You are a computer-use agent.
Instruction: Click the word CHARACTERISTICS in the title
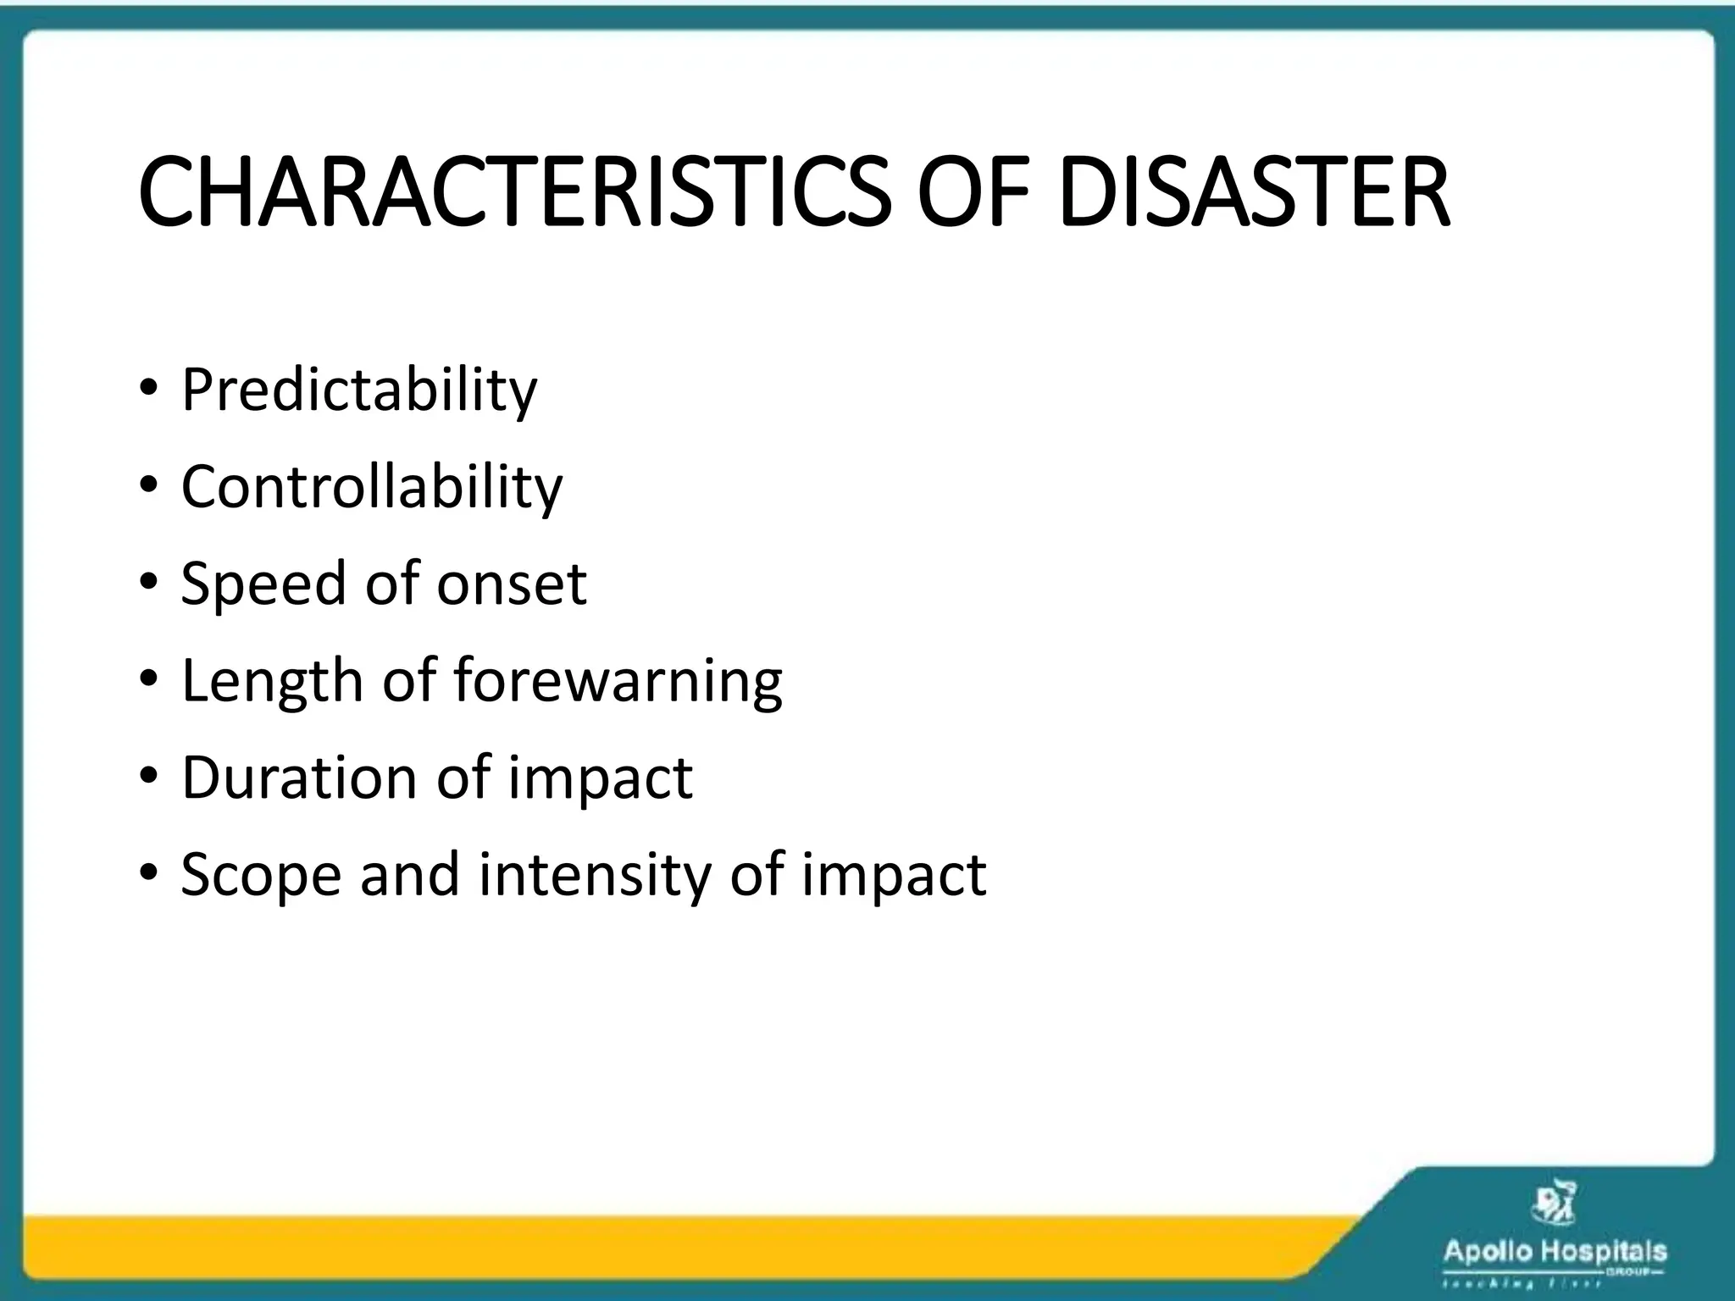(513, 193)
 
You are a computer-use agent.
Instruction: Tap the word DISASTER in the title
(1254, 193)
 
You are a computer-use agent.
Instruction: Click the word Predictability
(359, 391)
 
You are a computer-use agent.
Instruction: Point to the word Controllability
(371, 488)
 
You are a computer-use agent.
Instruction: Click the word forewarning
(618, 682)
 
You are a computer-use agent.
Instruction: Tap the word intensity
(595, 875)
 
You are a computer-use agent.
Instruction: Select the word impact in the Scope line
(894, 875)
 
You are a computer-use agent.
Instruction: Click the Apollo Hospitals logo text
(1555, 1252)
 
